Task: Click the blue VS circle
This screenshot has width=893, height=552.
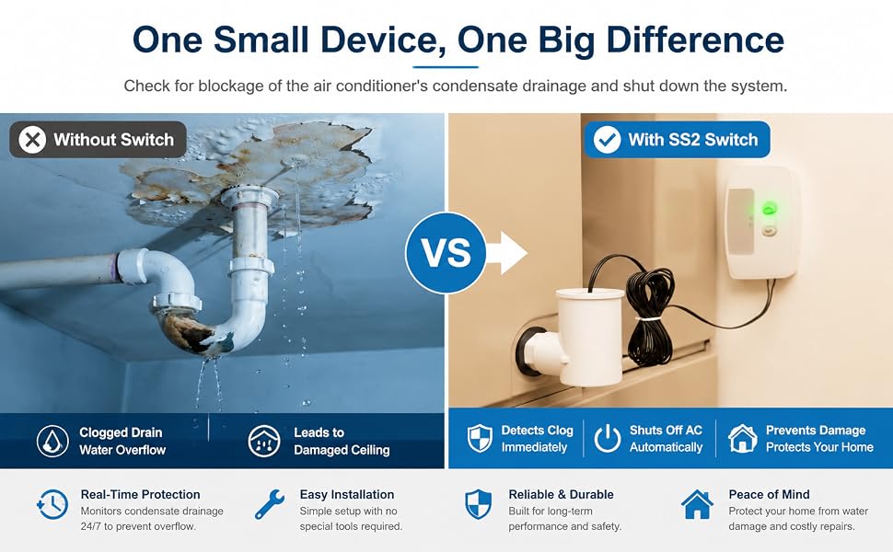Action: pos(446,253)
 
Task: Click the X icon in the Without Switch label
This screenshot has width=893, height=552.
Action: pos(32,140)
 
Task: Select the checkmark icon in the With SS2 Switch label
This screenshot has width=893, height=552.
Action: pos(607,140)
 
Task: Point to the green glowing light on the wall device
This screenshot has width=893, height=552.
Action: pos(769,209)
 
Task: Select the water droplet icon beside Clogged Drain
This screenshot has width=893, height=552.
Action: pos(52,441)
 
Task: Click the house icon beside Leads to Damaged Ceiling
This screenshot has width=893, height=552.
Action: pos(264,441)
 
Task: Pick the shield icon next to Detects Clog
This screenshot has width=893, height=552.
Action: pos(480,438)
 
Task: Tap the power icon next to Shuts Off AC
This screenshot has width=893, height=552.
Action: pos(607,438)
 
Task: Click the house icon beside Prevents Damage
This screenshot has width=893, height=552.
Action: pos(742,438)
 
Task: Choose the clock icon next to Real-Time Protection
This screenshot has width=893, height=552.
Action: pos(52,504)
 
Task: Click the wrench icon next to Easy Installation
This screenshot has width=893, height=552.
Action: pos(270,504)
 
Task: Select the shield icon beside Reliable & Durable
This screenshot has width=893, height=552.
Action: pos(479,504)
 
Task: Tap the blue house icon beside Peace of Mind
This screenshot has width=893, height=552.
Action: pos(697,504)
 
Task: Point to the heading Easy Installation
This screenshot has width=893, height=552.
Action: pos(347,495)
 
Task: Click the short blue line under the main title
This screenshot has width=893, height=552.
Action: pos(446,67)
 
